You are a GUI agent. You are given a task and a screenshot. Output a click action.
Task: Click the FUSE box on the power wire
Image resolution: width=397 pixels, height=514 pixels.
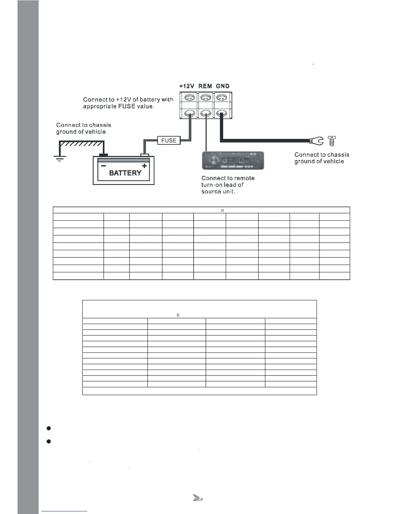click(x=169, y=141)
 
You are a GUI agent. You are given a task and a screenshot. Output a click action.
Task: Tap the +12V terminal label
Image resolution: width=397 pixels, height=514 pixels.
click(x=186, y=86)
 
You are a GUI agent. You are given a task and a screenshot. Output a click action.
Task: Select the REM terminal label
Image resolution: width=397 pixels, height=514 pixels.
click(x=205, y=86)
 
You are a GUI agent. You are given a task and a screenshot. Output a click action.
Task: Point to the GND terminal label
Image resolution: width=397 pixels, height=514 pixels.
click(x=223, y=86)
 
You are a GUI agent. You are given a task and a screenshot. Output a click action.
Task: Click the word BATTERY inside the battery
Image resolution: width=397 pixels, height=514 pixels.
click(x=125, y=173)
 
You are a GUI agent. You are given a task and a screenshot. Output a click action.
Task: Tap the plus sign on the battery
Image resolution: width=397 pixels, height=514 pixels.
click(x=144, y=166)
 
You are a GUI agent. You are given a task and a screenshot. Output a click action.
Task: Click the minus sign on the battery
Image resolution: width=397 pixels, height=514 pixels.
click(x=103, y=166)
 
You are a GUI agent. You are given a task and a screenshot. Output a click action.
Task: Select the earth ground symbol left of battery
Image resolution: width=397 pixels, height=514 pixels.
click(x=60, y=158)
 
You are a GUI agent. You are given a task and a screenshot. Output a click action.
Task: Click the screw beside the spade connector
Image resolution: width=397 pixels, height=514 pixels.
click(x=332, y=141)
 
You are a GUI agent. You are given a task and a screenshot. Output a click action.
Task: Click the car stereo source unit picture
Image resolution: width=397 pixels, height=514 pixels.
click(x=233, y=160)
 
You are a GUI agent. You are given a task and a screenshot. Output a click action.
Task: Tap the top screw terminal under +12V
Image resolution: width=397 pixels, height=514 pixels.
click(x=190, y=97)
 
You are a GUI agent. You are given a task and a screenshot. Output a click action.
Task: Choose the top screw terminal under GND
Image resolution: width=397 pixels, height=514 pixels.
click(x=222, y=97)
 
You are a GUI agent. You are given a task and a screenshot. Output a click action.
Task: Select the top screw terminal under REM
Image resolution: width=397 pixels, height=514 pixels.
click(x=206, y=97)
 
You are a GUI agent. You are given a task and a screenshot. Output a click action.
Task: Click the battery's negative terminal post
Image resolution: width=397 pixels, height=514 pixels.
click(x=103, y=155)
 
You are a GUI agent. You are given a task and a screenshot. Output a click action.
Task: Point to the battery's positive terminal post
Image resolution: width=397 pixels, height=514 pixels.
click(x=144, y=155)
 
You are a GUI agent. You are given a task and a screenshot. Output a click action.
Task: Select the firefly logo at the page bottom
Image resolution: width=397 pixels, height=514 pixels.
click(x=198, y=498)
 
